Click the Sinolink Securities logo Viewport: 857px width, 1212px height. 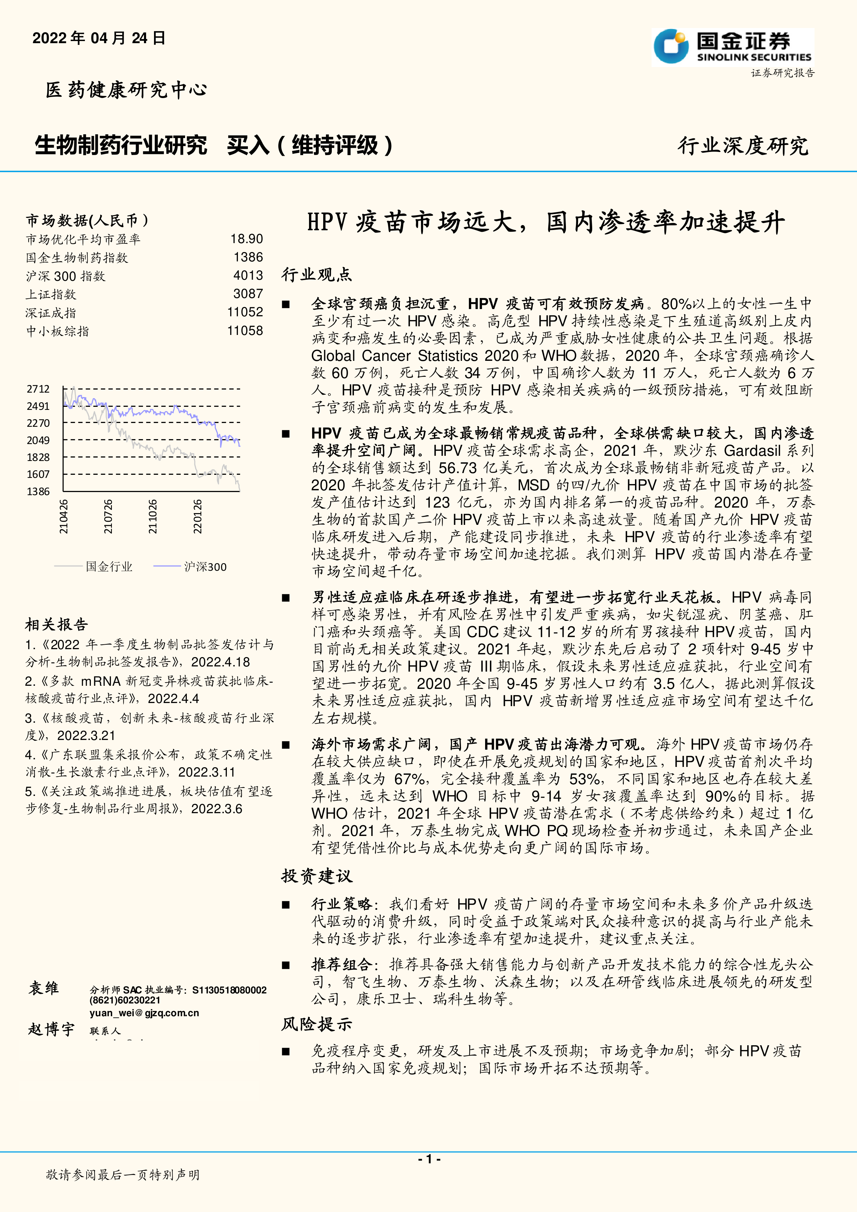(x=732, y=48)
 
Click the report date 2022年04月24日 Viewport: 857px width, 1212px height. (x=99, y=38)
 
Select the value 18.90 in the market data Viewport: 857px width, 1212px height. (x=247, y=239)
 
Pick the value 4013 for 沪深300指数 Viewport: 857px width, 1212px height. (x=248, y=276)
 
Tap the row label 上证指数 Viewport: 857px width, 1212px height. (x=51, y=295)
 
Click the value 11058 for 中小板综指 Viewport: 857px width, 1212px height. (x=245, y=331)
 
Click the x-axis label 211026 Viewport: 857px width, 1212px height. (x=153, y=516)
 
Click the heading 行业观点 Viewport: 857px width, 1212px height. (x=316, y=275)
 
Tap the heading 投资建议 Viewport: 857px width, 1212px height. (x=316, y=876)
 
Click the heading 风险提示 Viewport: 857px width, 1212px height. (x=316, y=1024)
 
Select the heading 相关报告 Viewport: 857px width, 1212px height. (x=57, y=625)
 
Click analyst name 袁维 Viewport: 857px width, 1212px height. (x=44, y=988)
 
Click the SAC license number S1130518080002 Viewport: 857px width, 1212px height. (x=229, y=990)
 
